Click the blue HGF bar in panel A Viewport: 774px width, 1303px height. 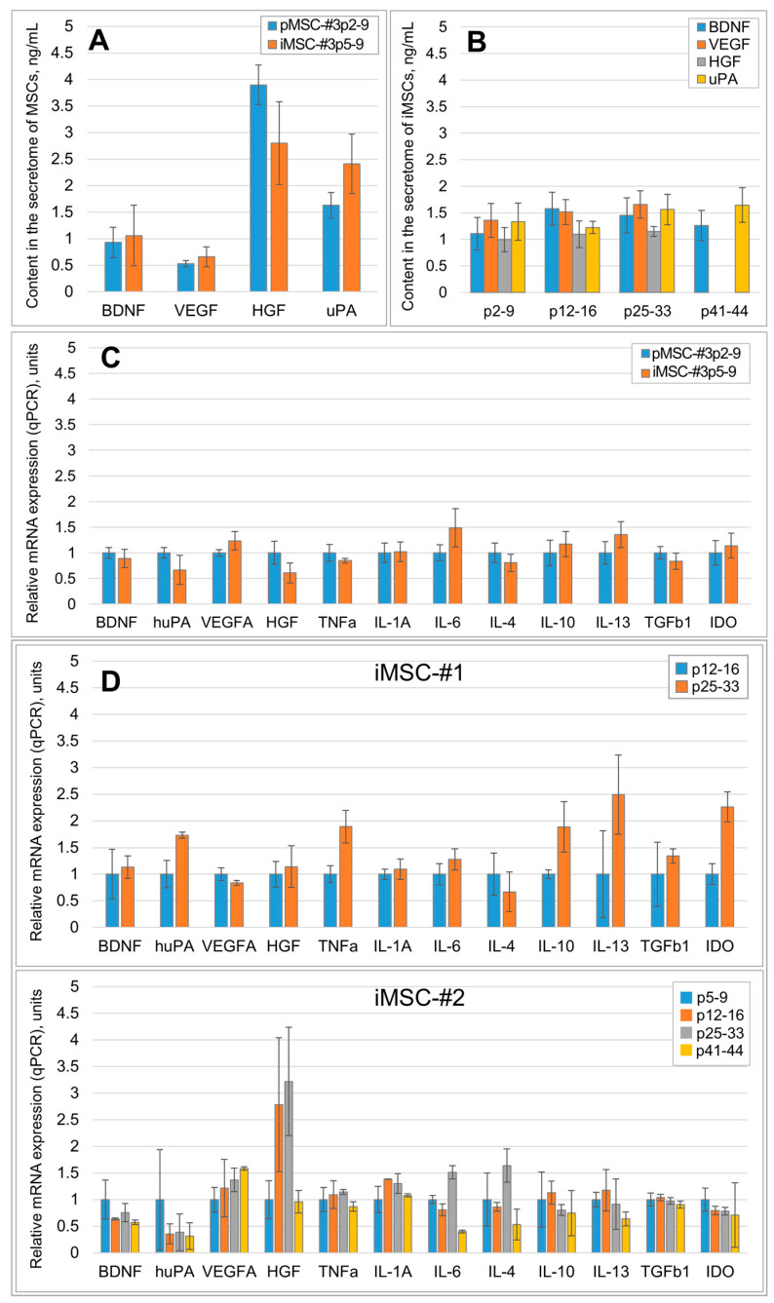pos(258,188)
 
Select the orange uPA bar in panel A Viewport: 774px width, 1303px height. pos(352,227)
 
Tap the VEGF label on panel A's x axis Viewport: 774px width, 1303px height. pos(196,311)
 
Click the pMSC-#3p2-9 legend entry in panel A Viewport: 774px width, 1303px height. pos(318,25)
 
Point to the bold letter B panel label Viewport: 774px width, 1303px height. pos(477,42)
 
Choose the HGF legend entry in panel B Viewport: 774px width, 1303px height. pos(718,61)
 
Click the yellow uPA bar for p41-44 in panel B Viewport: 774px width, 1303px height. pos(742,249)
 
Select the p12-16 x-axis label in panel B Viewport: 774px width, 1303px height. pos(572,311)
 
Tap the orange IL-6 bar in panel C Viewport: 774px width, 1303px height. pos(455,565)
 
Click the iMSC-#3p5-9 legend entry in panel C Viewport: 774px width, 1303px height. pos(689,371)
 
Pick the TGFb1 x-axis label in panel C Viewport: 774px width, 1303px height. pos(668,623)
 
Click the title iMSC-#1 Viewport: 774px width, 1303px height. pos(419,673)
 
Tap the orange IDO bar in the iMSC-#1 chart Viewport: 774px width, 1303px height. pos(727,866)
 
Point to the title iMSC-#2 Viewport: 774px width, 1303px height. pos(419,998)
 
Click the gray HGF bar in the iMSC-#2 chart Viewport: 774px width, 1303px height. pos(289,1167)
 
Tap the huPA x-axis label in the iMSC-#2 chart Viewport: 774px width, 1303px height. pos(174,1272)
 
